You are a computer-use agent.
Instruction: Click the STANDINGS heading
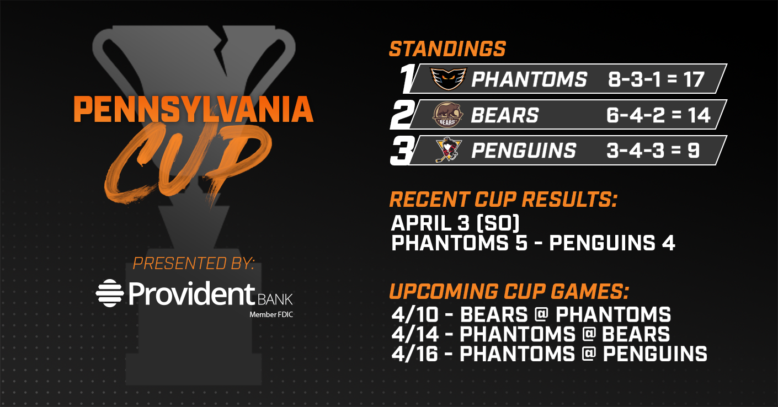(x=447, y=49)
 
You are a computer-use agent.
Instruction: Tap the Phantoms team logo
(x=449, y=79)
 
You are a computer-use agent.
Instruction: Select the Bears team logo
(x=447, y=115)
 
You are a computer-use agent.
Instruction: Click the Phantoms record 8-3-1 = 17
(x=656, y=79)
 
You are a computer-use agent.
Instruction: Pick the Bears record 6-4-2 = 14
(x=658, y=115)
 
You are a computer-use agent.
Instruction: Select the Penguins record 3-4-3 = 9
(x=653, y=151)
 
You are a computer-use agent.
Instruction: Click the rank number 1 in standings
(x=407, y=78)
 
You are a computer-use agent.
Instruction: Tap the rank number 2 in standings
(x=403, y=115)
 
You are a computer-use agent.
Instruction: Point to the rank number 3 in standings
(x=403, y=151)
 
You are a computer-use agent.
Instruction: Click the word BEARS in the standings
(x=505, y=115)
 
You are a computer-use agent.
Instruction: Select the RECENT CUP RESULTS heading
(x=503, y=199)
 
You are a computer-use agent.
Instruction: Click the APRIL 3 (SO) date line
(x=455, y=223)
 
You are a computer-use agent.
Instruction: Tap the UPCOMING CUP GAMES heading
(x=509, y=291)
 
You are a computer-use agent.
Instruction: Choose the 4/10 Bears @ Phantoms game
(x=531, y=314)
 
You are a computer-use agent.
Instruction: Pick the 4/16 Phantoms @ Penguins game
(x=549, y=354)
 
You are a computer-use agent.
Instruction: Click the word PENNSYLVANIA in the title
(x=194, y=109)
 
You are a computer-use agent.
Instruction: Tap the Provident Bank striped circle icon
(x=110, y=293)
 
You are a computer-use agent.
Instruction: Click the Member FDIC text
(x=271, y=315)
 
